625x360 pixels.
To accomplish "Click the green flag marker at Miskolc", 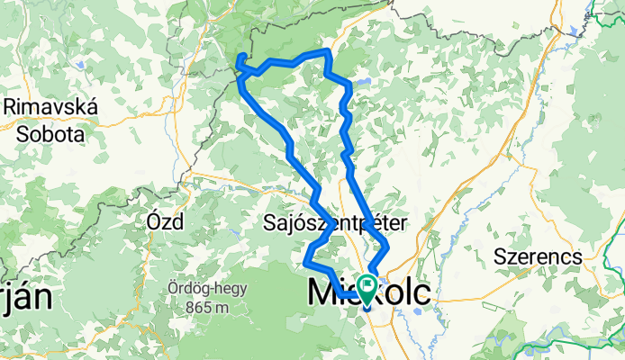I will point(368,287).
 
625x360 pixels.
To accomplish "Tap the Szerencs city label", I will point(538,256).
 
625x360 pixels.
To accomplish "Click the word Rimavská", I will point(50,106).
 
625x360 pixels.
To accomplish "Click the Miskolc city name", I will point(369,292).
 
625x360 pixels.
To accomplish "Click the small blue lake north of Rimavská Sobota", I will point(78,65).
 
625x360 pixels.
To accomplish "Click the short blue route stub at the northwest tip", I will point(240,60).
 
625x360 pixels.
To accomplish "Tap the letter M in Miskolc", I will point(324,292).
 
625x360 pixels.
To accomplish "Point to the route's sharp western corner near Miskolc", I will point(307,263).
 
